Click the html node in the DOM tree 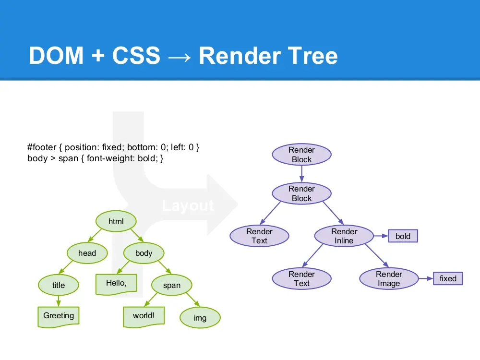tap(116, 221)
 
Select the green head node tap(87, 253)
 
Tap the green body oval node tap(144, 253)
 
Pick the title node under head tap(58, 285)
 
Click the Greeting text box tap(59, 316)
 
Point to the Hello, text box tap(116, 283)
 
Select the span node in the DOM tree tap(171, 285)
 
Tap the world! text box tap(144, 316)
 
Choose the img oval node tap(200, 318)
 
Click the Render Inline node tap(344, 236)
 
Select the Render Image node tap(388, 279)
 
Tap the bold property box tap(403, 236)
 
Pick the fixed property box tap(448, 278)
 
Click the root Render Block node tap(301, 155)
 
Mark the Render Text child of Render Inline tap(301, 279)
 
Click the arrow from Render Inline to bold tap(381, 236)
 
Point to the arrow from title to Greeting tap(58, 300)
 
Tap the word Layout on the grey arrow tap(188, 206)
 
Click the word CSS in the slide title tap(136, 56)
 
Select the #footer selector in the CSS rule tap(45, 148)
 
